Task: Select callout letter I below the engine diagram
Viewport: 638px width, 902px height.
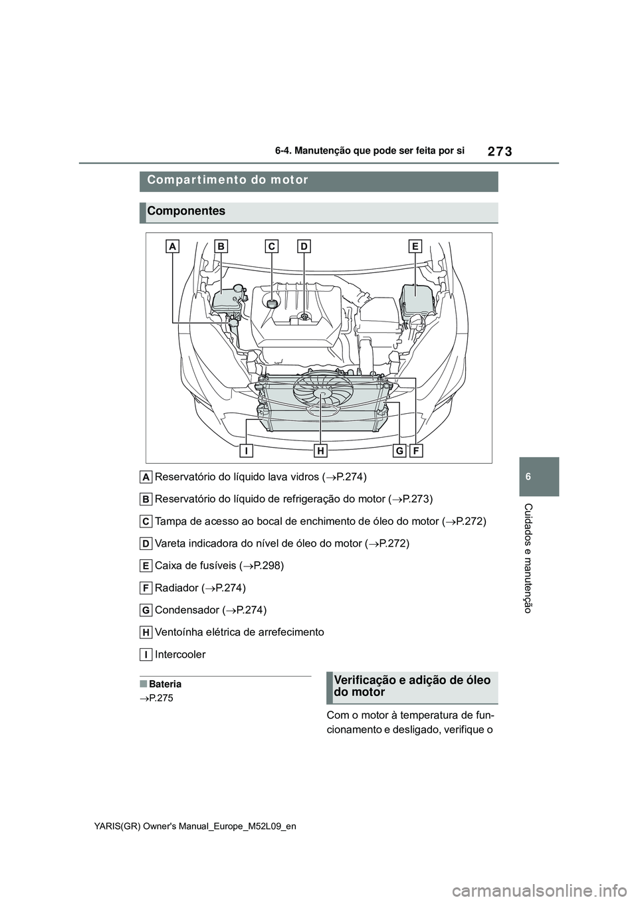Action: [246, 451]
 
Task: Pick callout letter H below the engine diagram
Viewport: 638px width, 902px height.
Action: [321, 451]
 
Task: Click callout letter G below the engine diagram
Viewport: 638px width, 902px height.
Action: [400, 451]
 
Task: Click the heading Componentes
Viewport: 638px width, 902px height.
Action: [187, 211]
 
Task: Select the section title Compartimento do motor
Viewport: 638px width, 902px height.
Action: [228, 180]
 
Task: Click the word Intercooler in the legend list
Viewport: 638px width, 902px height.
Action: [180, 654]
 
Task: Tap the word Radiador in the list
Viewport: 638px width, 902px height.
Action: [176, 588]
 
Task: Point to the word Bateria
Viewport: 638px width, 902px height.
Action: [165, 683]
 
